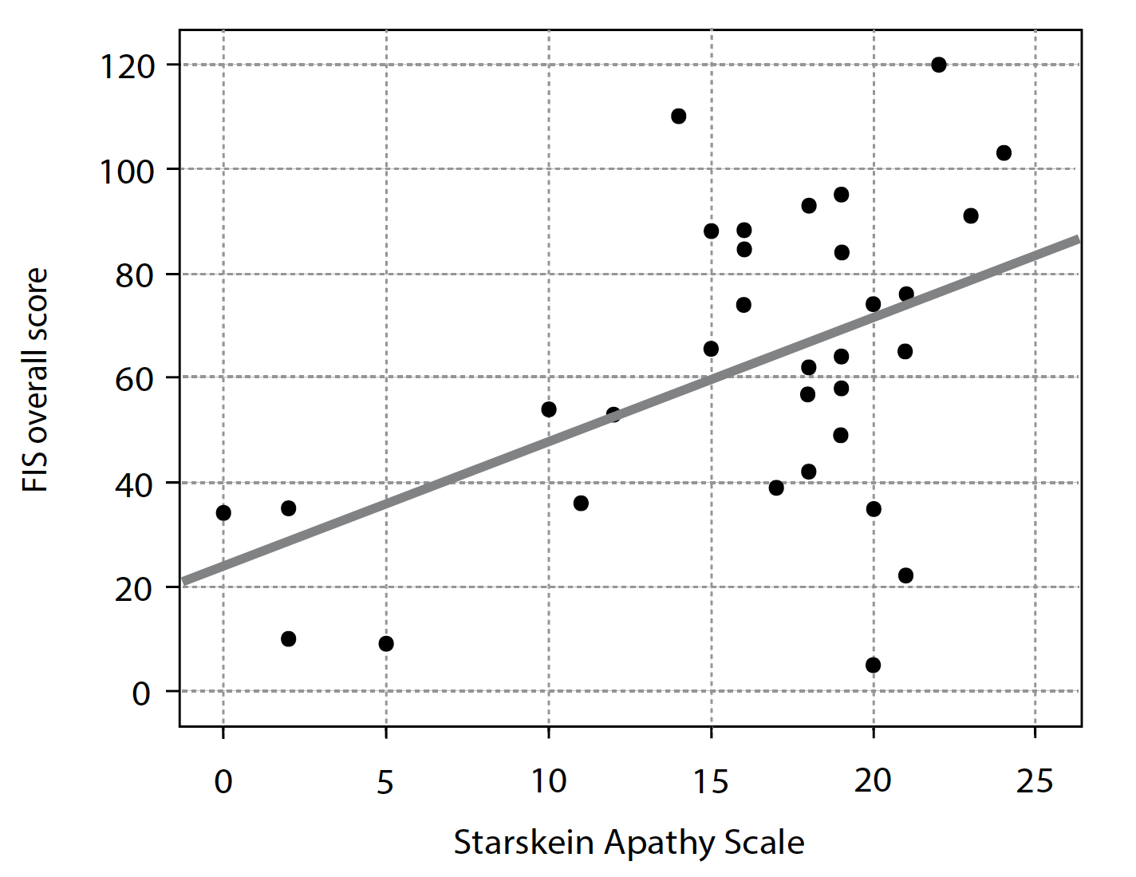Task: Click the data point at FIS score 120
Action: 938,65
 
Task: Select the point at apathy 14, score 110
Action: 678,117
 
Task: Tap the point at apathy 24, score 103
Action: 1004,152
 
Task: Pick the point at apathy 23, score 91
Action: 971,215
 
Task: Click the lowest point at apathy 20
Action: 873,665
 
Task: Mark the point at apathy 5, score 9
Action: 386,643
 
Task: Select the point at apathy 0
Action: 223,512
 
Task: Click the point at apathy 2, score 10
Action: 289,638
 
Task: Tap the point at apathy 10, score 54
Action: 549,409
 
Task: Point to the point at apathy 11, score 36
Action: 581,503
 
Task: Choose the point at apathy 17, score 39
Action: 776,488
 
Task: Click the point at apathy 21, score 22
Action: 905,575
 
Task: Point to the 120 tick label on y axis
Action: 126,67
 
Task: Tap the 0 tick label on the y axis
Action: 141,693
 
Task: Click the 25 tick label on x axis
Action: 1035,781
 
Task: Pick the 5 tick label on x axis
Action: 385,783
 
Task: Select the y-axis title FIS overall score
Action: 36,379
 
